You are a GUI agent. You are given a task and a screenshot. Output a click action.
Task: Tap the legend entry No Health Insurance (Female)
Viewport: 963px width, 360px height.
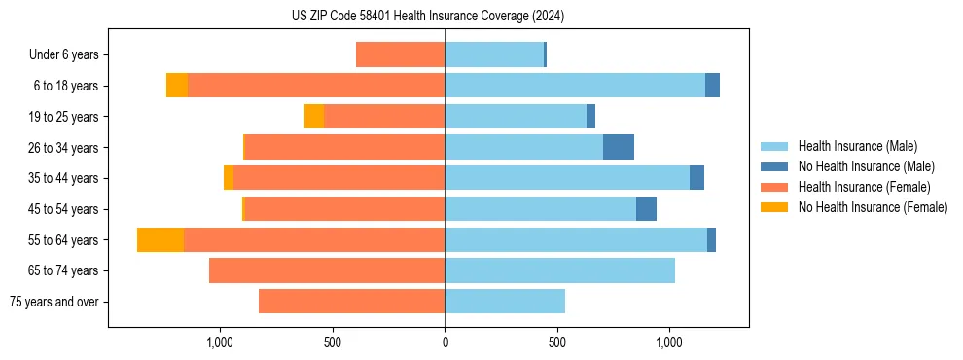[x=873, y=207]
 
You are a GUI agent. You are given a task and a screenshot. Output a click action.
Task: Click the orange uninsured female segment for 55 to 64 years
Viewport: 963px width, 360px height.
[x=160, y=240]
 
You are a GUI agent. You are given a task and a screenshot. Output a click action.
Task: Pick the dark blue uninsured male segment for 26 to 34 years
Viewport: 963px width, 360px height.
[x=619, y=147]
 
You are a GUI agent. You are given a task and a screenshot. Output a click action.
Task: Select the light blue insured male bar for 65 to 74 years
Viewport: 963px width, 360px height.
[x=559, y=270]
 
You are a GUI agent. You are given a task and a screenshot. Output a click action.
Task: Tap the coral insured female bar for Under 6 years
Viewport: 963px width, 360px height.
[x=400, y=54]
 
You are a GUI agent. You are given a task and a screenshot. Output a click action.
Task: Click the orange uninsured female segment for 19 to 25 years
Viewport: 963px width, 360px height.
[x=314, y=117]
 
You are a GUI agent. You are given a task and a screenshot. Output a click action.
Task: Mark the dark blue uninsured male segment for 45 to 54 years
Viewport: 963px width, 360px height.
[x=646, y=209]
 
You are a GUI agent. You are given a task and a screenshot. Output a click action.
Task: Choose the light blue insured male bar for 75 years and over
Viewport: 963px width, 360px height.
[x=505, y=302]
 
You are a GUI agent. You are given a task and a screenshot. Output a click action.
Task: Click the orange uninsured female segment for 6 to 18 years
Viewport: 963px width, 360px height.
[x=177, y=86]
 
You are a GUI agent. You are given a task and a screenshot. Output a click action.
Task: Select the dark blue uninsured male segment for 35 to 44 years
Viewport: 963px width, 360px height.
[x=696, y=178]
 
